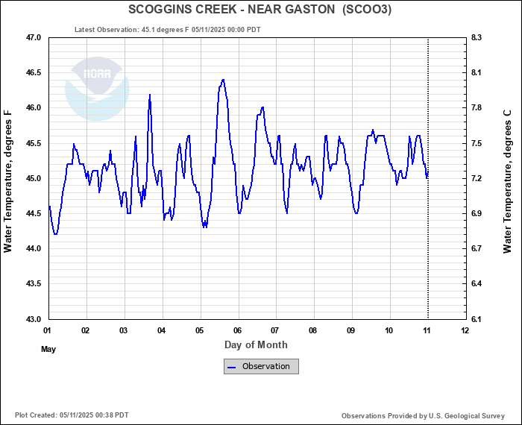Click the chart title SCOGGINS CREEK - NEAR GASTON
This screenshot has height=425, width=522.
[x=260, y=10]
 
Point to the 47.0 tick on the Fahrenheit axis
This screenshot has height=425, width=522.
[x=32, y=37]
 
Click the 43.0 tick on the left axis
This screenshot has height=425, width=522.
[x=32, y=319]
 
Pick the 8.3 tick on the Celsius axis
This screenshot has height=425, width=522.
[x=476, y=37]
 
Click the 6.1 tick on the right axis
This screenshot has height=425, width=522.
[x=476, y=319]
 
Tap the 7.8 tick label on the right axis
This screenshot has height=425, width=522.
[x=476, y=108]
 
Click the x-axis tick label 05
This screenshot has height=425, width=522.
[x=200, y=330]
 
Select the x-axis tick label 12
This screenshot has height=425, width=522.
[x=465, y=330]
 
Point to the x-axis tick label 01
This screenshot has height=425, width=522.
[x=48, y=330]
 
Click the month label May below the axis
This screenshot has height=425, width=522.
[x=48, y=349]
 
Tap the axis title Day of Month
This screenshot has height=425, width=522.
[x=256, y=344]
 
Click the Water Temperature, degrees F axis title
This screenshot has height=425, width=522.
[x=9, y=181]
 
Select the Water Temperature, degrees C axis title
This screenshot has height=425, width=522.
[x=507, y=181]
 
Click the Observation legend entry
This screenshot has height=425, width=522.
[x=261, y=366]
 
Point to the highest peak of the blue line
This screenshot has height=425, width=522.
[x=222, y=80]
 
